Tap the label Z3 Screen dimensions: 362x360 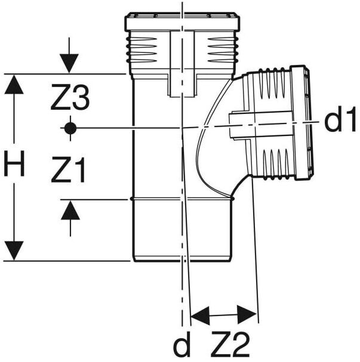click(x=70, y=99)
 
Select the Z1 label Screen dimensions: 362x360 click(x=68, y=172)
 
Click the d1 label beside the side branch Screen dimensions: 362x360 click(x=340, y=122)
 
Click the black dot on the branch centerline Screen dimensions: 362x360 click(x=70, y=128)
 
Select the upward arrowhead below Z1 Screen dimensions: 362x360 click(x=70, y=210)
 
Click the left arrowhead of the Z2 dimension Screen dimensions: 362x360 click(x=199, y=314)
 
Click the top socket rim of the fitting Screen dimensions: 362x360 click(x=182, y=22)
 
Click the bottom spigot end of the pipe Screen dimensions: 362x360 click(x=181, y=257)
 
